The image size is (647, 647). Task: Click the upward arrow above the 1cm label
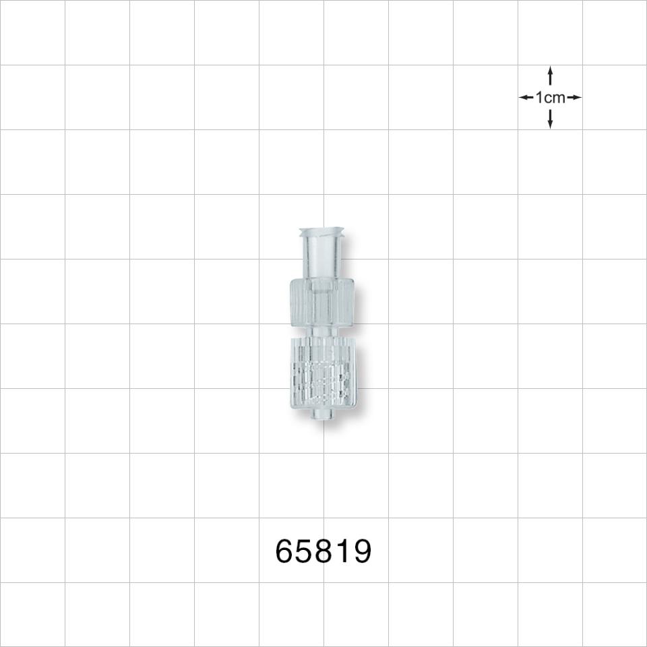point(550,75)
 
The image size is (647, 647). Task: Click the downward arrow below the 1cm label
point(550,119)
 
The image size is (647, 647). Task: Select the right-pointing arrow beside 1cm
point(574,98)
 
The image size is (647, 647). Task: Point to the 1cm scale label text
point(550,98)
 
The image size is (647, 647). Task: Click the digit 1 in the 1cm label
point(539,98)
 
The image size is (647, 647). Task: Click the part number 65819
point(323,552)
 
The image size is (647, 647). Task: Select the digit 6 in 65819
point(285,552)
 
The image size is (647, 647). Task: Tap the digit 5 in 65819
point(305,552)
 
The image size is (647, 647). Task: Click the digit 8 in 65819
point(324,552)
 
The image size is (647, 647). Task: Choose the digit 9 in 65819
point(361,552)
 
